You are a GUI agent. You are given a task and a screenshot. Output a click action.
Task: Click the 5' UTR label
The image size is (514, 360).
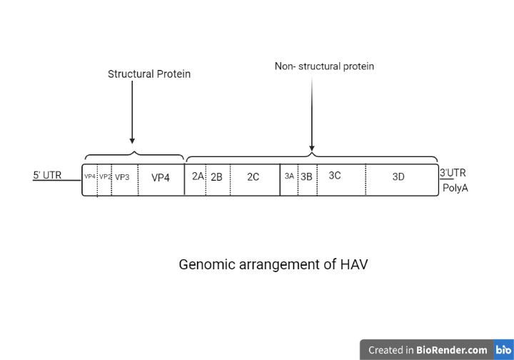coord(47,175)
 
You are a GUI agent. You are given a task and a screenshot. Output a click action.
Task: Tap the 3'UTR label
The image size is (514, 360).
coord(453,172)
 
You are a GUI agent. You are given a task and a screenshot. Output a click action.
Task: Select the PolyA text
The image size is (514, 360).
coord(455,189)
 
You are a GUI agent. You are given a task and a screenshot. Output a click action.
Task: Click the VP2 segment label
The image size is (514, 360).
coord(105,176)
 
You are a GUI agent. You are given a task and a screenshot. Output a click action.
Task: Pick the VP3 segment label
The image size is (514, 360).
coord(122,177)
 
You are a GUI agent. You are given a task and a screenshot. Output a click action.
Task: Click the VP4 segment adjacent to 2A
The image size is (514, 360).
coord(161,178)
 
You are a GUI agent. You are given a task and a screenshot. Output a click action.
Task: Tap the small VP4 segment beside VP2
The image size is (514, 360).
coord(90,176)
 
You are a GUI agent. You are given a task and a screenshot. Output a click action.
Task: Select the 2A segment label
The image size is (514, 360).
coord(198,176)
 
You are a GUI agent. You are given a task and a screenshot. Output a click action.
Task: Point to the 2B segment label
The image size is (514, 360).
coord(216,177)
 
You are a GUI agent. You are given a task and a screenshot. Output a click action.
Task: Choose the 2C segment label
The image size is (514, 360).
coord(253,177)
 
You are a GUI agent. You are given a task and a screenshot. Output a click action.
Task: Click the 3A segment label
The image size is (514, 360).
coord(289,176)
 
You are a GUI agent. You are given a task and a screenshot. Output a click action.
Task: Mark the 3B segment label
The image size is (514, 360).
coord(306,176)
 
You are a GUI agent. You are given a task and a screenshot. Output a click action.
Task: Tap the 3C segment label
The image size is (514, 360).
coord(335,176)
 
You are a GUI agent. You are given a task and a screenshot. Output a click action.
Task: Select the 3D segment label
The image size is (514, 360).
coord(398,177)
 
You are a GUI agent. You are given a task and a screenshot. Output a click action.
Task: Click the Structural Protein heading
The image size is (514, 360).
coord(149,74)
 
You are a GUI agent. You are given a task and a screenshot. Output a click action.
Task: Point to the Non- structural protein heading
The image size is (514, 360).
coord(324,66)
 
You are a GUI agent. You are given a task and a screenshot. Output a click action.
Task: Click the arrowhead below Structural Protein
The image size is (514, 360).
coord(132,141)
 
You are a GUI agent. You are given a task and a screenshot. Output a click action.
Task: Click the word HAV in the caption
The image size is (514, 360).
coord(352,264)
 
